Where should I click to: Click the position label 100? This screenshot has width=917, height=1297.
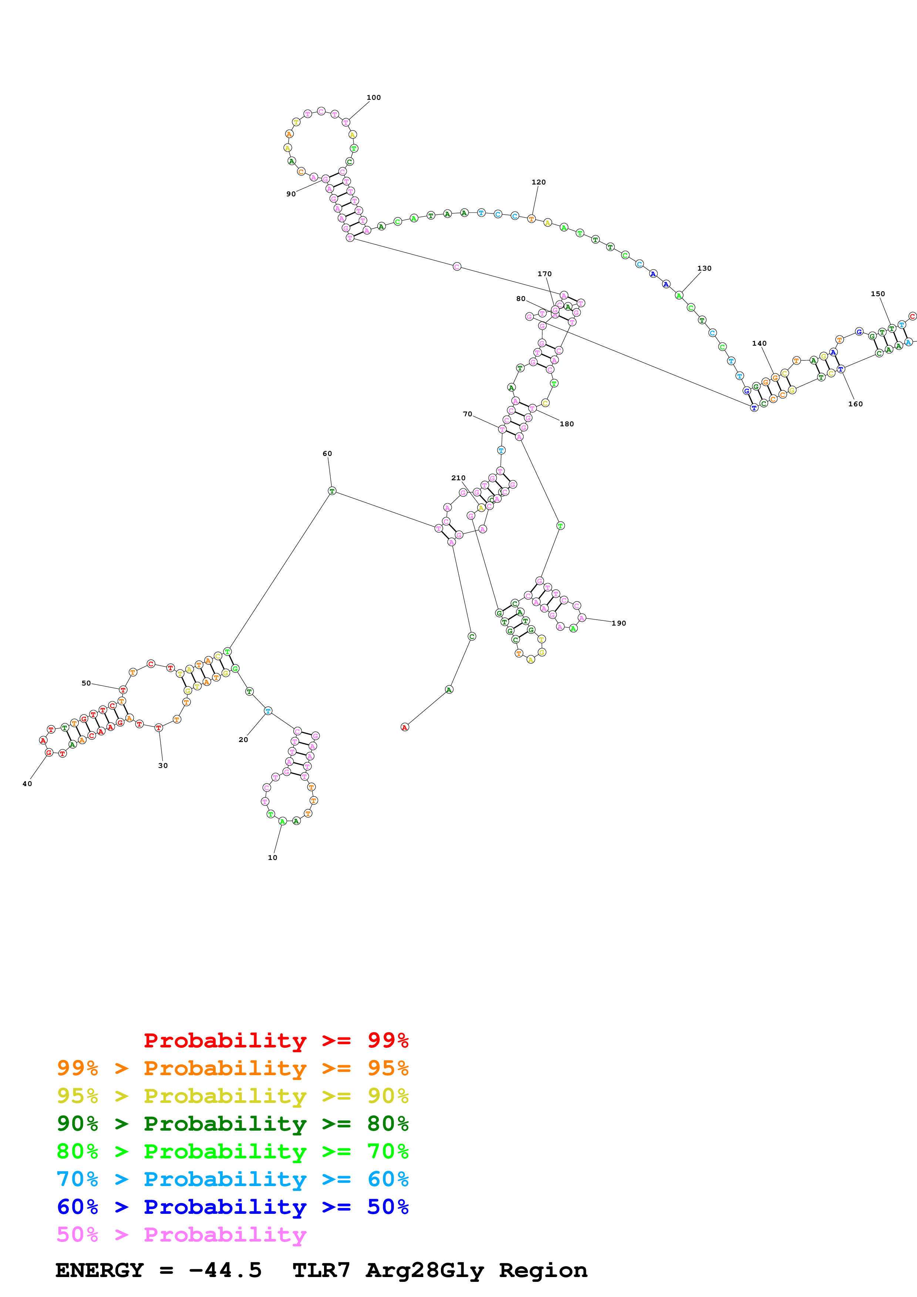click(374, 98)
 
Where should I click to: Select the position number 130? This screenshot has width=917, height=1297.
click(704, 268)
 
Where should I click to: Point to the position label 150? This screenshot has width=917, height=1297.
click(877, 294)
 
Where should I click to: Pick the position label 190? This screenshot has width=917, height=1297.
click(619, 623)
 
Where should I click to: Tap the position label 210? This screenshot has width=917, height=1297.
click(458, 478)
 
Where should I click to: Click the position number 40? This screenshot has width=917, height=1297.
click(27, 783)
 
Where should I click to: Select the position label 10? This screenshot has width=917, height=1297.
click(272, 857)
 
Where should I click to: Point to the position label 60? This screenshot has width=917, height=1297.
click(327, 454)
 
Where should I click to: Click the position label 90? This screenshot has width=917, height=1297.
click(291, 194)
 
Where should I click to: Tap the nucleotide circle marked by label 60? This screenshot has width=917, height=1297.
click(332, 491)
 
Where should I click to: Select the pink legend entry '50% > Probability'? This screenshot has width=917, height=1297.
click(181, 1234)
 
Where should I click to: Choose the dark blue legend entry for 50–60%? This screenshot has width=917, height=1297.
click(232, 1207)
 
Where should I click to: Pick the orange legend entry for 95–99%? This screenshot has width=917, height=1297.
click(232, 1068)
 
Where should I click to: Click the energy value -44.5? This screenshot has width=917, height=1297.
click(225, 1270)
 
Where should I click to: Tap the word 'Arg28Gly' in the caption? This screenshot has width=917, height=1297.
click(424, 1270)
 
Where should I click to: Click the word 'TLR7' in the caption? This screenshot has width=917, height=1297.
click(321, 1270)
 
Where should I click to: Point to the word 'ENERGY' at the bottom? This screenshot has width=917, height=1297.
click(100, 1270)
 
